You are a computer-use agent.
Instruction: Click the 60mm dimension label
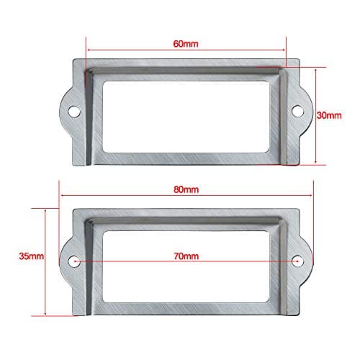click(186, 44)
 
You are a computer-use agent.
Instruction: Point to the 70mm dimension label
click(186, 255)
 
